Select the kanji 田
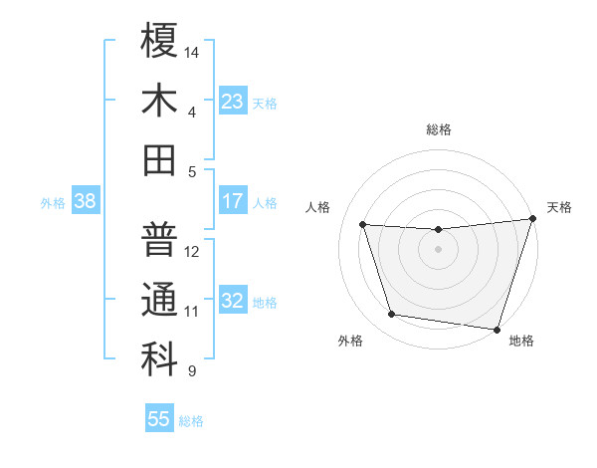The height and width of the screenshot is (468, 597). click(159, 159)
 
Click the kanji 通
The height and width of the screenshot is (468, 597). click(159, 299)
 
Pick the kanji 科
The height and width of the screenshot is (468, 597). click(159, 358)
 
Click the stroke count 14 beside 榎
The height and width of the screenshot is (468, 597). click(193, 52)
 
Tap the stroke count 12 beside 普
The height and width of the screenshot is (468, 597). click(193, 252)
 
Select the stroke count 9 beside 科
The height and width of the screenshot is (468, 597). click(192, 371)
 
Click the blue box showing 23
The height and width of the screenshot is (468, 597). click(233, 102)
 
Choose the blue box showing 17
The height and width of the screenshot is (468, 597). click(233, 201)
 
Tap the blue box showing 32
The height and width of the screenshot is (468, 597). click(233, 301)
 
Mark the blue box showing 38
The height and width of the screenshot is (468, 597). click(86, 201)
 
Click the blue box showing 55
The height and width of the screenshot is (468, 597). click(159, 419)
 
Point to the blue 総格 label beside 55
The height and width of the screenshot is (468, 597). click(192, 421)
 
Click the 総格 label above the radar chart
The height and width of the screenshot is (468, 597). click(439, 129)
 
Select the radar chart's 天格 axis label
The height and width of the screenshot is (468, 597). click(560, 207)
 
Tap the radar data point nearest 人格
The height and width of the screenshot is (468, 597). click(363, 225)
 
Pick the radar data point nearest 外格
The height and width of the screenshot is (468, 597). click(392, 315)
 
